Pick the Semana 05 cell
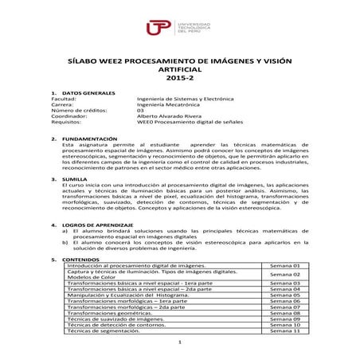pyautogui.click(x=284, y=295)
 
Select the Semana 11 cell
pyautogui.click(x=284, y=331)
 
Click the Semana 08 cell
pyautogui.click(x=284, y=312)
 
